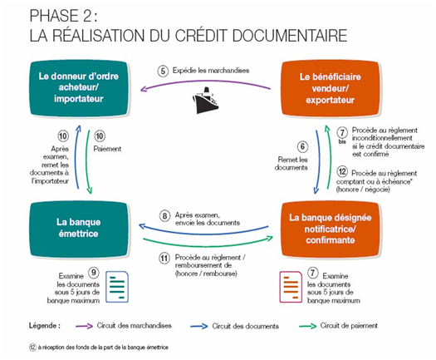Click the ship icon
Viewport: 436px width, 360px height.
[x=205, y=101]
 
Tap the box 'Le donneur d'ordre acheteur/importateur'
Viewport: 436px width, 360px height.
[x=79, y=88]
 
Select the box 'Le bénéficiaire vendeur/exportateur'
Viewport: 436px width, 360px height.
[x=330, y=88]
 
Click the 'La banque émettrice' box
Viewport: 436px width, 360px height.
[x=79, y=229]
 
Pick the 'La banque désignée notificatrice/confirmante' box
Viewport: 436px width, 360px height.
[x=330, y=229]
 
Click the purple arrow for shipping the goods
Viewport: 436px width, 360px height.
[x=205, y=81]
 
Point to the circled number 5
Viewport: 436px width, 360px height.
[x=163, y=71]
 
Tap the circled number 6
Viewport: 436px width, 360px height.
[x=302, y=146]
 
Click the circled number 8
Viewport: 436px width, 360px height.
[x=164, y=216]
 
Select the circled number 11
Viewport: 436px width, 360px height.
[x=164, y=259]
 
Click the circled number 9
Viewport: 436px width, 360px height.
[x=94, y=273]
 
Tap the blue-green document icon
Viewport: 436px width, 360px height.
[x=117, y=287]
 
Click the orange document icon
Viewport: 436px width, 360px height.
[x=291, y=287]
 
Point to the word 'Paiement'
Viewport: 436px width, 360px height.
[x=107, y=149]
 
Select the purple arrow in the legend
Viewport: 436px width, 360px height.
[x=84, y=326]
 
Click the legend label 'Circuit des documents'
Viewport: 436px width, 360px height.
[x=245, y=326]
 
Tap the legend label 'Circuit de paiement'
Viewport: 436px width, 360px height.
[x=349, y=325]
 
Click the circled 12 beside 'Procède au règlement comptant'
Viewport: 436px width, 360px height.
[x=342, y=171]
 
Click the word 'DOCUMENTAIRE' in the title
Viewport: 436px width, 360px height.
[x=290, y=36]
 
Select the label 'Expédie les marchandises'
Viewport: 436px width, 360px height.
[x=211, y=70]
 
